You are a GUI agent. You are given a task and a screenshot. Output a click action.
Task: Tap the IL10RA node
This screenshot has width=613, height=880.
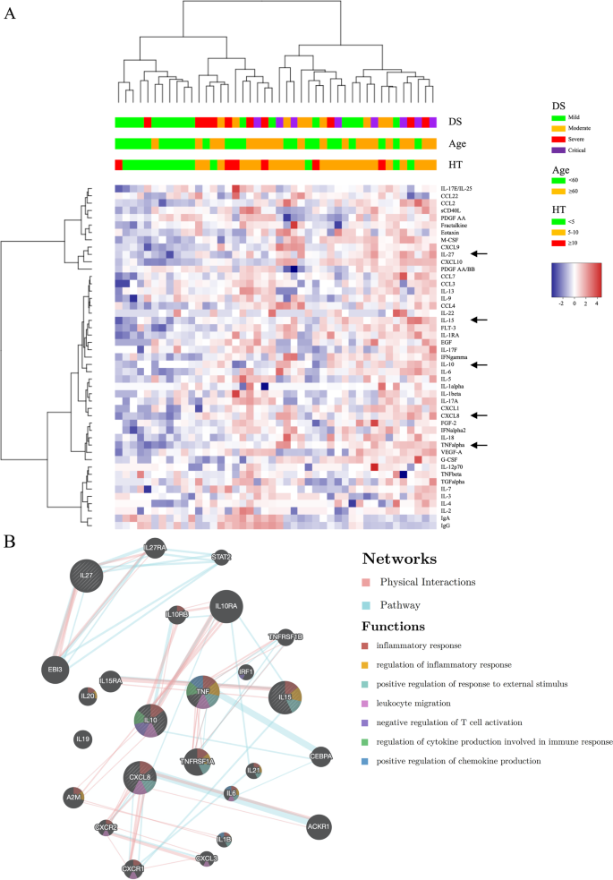[225, 608]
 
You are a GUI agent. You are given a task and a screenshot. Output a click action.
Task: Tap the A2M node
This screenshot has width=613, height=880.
[74, 796]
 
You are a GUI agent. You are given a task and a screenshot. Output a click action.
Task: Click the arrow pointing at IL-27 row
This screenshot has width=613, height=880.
[484, 254]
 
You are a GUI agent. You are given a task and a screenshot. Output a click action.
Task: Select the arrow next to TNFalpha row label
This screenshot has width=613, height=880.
[484, 445]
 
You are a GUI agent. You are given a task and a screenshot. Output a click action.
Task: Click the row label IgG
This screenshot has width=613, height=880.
[445, 525]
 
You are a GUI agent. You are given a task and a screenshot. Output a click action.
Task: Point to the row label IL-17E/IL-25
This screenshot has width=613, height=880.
[457, 189]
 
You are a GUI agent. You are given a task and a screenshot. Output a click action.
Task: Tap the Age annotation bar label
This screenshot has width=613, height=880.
[458, 144]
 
